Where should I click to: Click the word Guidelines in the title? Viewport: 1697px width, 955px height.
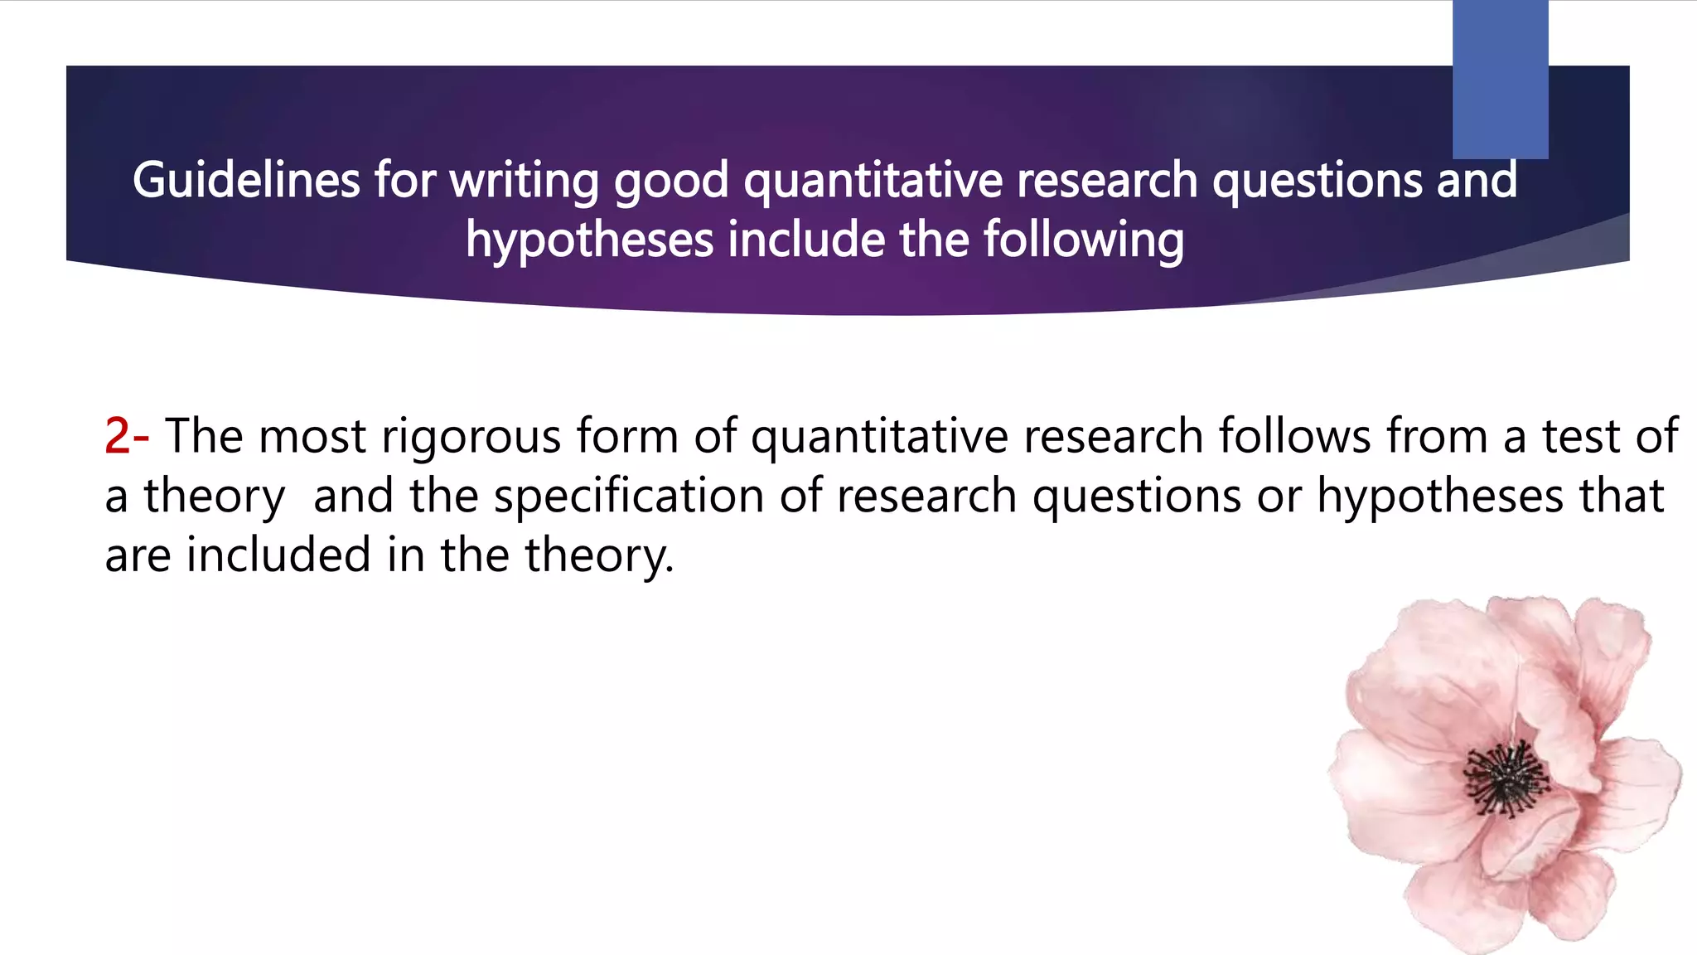pos(246,180)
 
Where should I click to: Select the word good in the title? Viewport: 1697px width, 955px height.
pos(671,180)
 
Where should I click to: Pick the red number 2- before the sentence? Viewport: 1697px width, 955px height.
pos(126,436)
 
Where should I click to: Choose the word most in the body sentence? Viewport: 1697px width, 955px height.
pos(312,436)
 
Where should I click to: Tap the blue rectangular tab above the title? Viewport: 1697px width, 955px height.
pos(1500,79)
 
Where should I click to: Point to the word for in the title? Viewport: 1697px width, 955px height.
pos(404,180)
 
